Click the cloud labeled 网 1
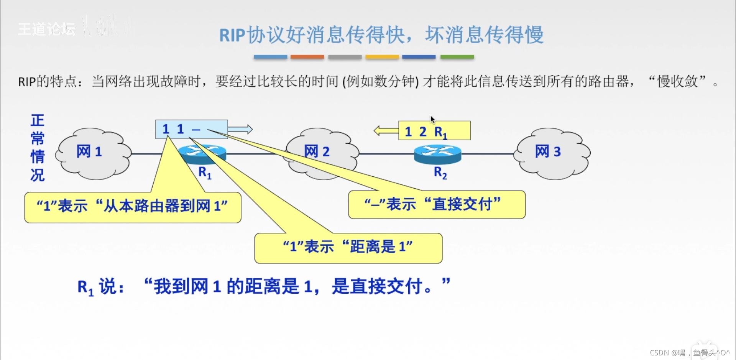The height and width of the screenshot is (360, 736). pos(92,153)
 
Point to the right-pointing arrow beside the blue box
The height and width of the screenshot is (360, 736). pos(240,129)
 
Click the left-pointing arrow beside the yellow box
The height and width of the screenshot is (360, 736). pos(386,131)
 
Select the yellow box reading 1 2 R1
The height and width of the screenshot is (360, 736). pos(434,131)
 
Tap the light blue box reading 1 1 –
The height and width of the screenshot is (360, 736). pos(191,129)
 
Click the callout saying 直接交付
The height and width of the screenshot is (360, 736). pos(436,205)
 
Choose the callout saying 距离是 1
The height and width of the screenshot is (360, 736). pos(348,248)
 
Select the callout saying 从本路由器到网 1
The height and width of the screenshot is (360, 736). pos(133,207)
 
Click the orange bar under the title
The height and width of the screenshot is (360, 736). pos(307,57)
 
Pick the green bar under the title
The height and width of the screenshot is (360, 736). pos(457,57)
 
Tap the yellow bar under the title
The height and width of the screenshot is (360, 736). pos(382,57)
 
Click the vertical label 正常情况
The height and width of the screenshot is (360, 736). pos(38,148)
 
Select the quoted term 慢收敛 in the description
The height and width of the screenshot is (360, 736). pos(677,81)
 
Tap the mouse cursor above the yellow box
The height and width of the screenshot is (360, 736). pos(432,120)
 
